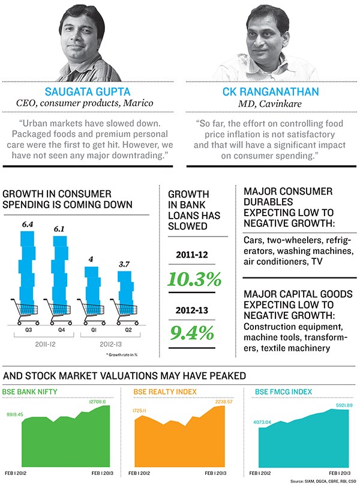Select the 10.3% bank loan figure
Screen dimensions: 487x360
point(194,279)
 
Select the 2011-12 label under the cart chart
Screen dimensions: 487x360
point(43,346)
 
